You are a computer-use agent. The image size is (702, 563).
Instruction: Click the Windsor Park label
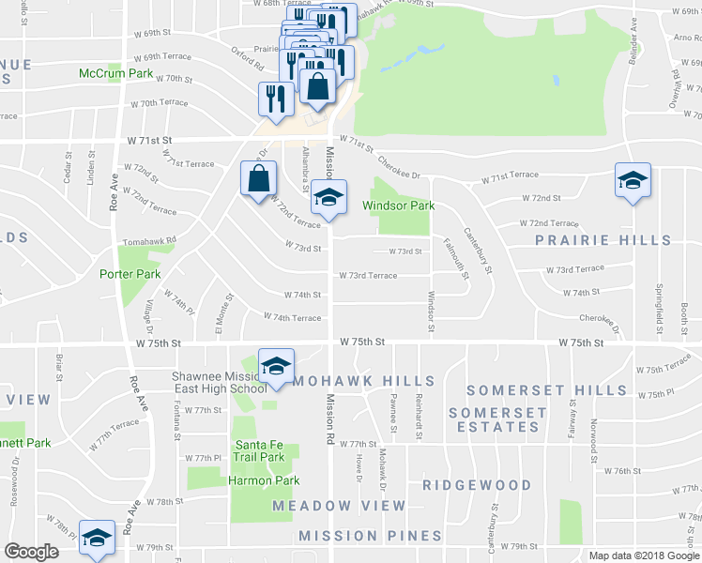coord(399,205)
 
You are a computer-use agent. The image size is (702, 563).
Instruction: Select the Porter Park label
coord(130,274)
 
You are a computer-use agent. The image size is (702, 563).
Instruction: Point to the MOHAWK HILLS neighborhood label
coord(363,381)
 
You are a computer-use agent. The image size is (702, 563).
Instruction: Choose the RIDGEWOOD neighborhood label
coord(477,485)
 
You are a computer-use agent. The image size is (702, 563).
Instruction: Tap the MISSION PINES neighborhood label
coord(370,536)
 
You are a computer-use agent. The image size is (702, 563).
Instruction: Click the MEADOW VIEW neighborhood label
coord(340,506)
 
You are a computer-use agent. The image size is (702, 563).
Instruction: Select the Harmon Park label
coord(264,480)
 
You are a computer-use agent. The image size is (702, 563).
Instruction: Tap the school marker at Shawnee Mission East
coord(276,367)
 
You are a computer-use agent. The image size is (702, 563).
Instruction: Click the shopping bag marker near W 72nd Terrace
coord(259,177)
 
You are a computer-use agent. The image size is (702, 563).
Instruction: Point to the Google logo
coord(31,552)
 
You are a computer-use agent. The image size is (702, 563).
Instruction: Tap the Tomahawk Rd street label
coord(149,240)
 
